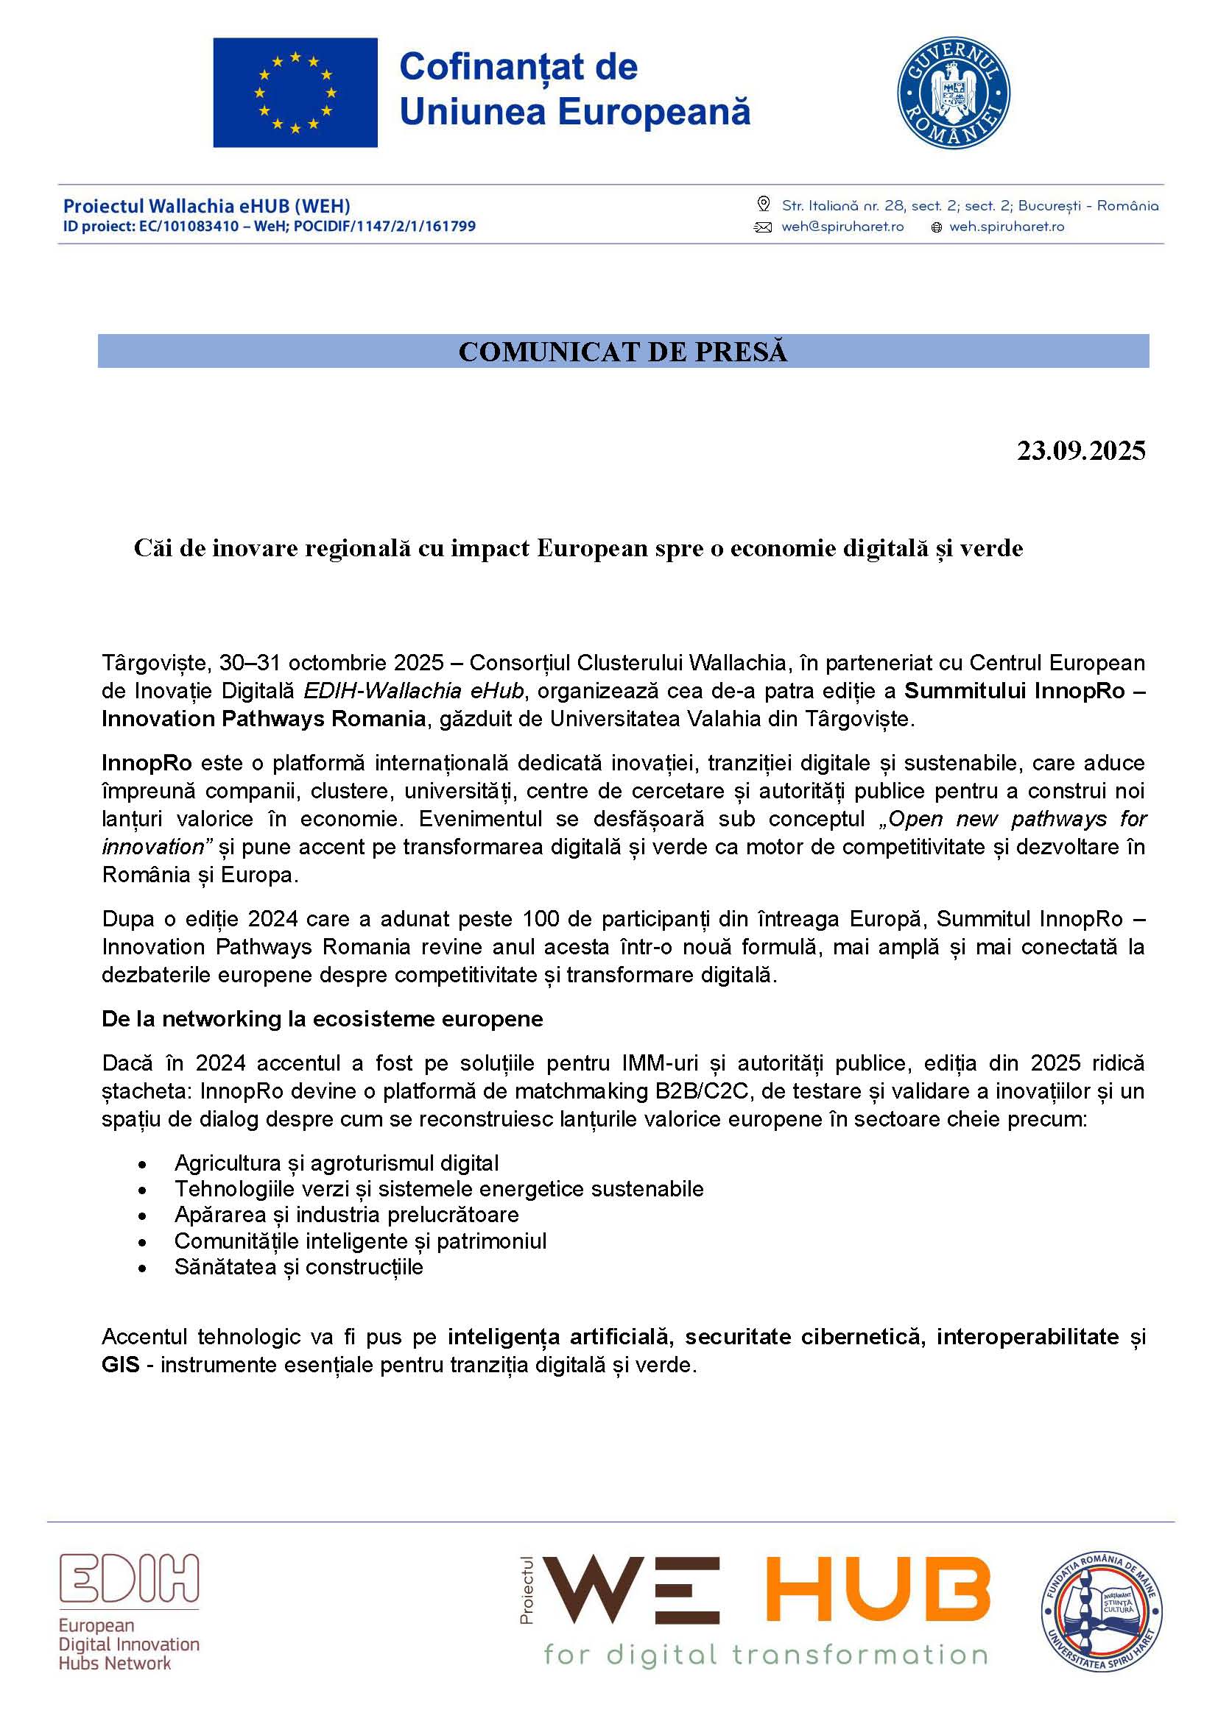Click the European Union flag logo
pyautogui.click(x=295, y=92)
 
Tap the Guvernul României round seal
pyautogui.click(x=953, y=93)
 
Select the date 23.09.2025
pyautogui.click(x=1081, y=450)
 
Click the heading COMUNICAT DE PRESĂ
pyautogui.click(x=622, y=352)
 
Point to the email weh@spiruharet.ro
pyautogui.click(x=842, y=227)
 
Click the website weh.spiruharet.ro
pyautogui.click(x=1007, y=227)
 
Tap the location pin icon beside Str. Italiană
pyautogui.click(x=764, y=204)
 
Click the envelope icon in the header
pyautogui.click(x=763, y=227)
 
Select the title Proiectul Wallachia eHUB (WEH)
pyautogui.click(x=206, y=206)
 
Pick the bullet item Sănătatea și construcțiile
pyautogui.click(x=298, y=1267)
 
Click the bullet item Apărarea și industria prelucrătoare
pyautogui.click(x=347, y=1214)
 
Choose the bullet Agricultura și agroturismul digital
pyautogui.click(x=336, y=1163)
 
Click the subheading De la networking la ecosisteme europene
pyautogui.click(x=323, y=1018)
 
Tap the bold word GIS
pyautogui.click(x=121, y=1364)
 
